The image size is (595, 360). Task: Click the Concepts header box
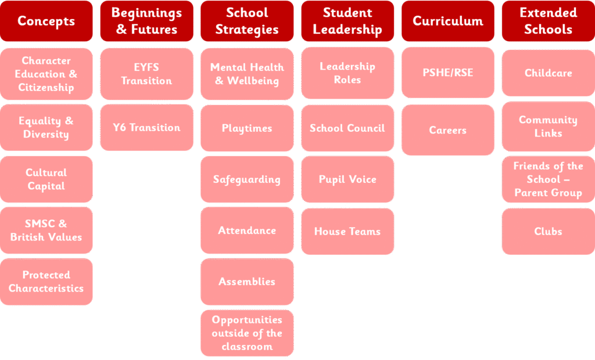[46, 21]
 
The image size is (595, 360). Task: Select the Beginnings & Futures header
[147, 21]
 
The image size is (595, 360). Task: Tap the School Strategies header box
[247, 21]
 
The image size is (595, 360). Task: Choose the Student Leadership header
[347, 21]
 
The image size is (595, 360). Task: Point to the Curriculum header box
[448, 21]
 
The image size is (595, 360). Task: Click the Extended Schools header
[549, 21]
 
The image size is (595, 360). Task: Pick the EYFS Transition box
[147, 74]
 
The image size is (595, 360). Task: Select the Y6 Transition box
[147, 128]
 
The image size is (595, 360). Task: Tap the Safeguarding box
[247, 179]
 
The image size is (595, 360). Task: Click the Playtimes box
[247, 128]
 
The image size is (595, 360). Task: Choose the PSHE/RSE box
[448, 73]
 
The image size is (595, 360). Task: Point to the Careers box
[448, 130]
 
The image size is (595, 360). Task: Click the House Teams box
[347, 232]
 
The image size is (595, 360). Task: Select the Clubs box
[549, 232]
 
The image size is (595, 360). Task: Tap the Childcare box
[549, 73]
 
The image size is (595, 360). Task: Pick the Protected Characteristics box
[46, 282]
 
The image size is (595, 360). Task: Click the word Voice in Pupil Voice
[363, 179]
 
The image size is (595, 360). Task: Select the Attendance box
[247, 231]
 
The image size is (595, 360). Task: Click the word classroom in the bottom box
[247, 347]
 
